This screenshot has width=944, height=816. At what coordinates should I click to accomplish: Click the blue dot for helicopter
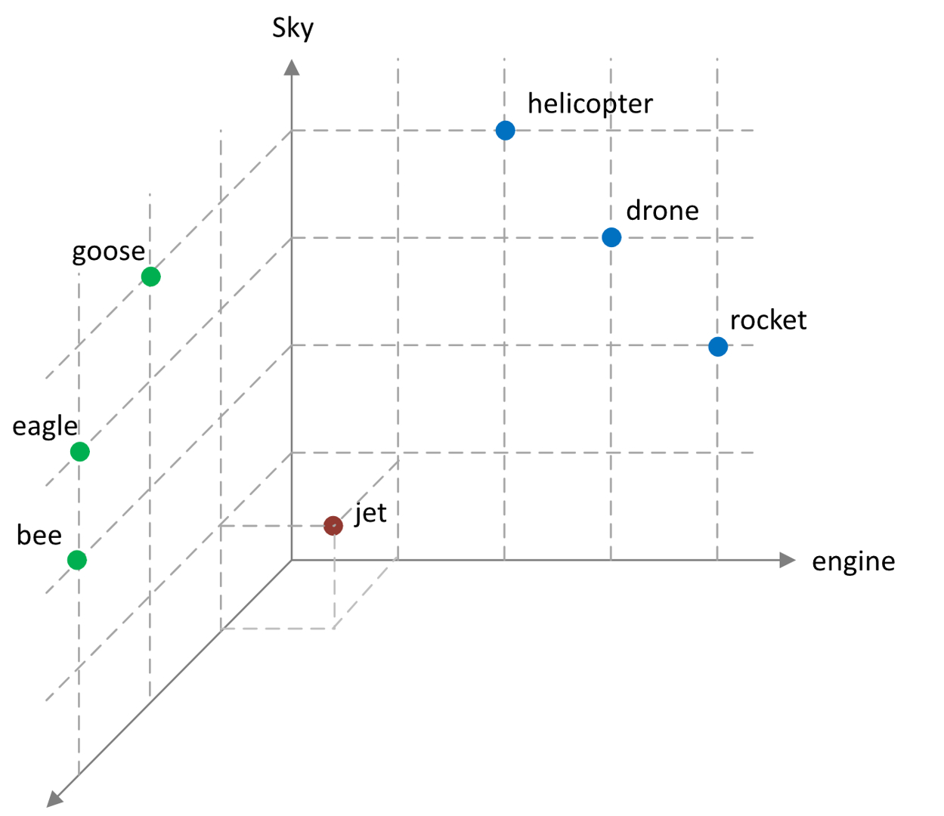[505, 131]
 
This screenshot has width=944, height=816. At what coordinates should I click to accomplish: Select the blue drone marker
[611, 237]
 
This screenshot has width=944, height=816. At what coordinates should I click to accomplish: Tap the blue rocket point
[718, 347]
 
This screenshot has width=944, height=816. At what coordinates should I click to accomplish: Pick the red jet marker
[333, 525]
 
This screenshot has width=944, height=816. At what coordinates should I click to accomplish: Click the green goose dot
[150, 277]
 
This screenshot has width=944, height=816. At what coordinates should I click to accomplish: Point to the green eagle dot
[79, 452]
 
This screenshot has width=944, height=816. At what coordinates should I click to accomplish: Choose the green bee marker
[76, 560]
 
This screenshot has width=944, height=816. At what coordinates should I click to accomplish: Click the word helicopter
[590, 104]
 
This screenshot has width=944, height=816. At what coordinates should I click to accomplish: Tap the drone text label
[662, 211]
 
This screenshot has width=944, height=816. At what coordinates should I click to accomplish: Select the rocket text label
[768, 320]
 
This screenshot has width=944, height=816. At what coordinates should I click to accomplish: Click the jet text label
[370, 513]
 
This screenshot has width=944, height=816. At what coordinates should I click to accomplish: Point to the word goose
[108, 252]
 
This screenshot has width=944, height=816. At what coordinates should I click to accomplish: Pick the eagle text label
[45, 427]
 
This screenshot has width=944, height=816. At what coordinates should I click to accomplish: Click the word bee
[39, 536]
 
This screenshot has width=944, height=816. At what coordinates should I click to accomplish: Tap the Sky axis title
[292, 29]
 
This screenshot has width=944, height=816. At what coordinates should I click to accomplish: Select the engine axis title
[853, 561]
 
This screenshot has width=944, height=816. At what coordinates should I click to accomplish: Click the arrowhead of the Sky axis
[292, 67]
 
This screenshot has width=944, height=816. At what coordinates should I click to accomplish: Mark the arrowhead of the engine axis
[788, 560]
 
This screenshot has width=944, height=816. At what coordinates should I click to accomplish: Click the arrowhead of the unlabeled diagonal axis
[54, 799]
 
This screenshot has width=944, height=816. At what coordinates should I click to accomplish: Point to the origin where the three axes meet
[292, 560]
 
